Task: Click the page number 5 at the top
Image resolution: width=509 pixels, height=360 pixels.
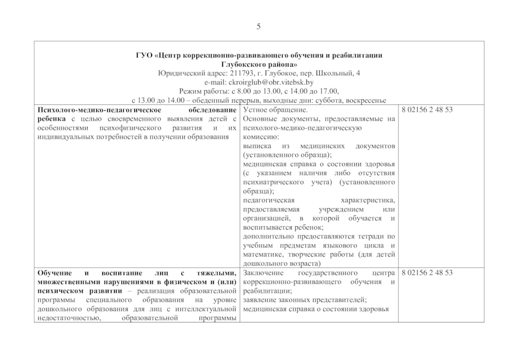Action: point(259,26)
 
